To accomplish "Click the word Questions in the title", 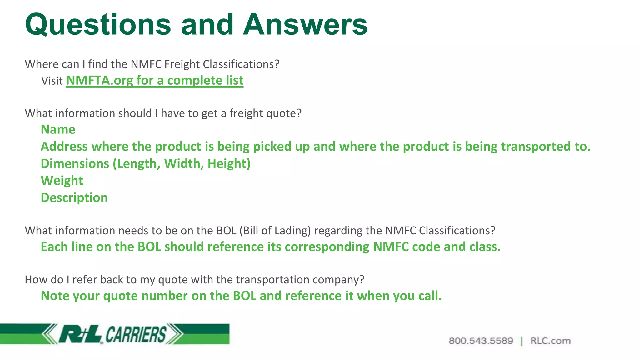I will (x=98, y=25).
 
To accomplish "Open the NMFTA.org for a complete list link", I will (x=155, y=81).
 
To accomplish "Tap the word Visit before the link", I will (x=52, y=81).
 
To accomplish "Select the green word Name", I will (x=58, y=129).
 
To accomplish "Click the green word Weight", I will (x=62, y=181).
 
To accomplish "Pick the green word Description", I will (x=74, y=198).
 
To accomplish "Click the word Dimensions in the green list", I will (x=75, y=164).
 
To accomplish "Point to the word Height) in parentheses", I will (x=229, y=164).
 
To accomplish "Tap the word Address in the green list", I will (x=64, y=147).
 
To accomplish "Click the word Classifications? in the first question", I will (x=241, y=64).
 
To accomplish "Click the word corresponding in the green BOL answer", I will (x=327, y=247).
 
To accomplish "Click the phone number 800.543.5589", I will (x=481, y=341).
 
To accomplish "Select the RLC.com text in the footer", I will (x=550, y=341).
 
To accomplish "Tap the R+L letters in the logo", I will (x=80, y=334).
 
